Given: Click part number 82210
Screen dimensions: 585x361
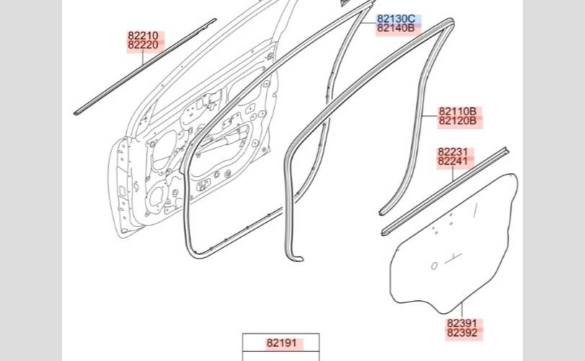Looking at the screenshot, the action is pos(143,36).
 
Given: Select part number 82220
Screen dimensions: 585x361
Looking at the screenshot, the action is pos(143,45).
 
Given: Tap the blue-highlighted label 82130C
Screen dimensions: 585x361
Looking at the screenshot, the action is pos(396,19).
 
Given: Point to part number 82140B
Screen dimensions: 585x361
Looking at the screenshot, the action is pos(396,28).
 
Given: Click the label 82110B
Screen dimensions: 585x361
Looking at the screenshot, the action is pos(457,111).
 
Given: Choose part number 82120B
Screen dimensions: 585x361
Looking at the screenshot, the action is pos(457,121).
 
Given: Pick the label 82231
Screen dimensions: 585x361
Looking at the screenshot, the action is pos(453,152).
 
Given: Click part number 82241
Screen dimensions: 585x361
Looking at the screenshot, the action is pos(453,162).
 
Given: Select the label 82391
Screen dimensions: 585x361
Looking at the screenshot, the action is pos(462,323).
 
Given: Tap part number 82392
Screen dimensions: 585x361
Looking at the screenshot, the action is pos(462,333).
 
